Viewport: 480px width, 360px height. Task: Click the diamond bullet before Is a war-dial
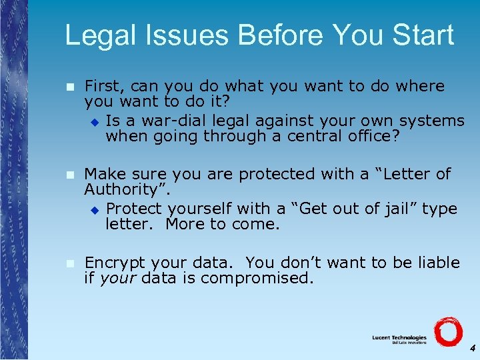coord(94,121)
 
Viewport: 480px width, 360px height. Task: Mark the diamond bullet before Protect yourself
coord(94,209)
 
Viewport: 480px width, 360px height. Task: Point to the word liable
coord(435,262)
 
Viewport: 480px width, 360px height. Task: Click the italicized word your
coord(117,277)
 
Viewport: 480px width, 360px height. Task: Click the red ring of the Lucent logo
coord(448,331)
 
